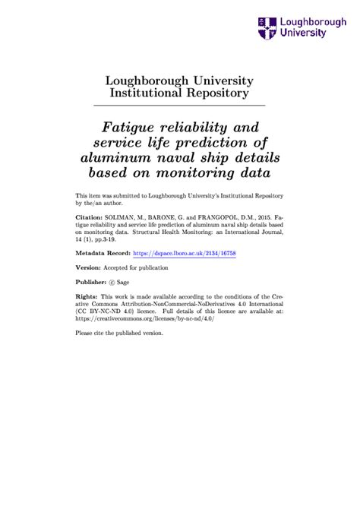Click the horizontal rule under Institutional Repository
(x=178, y=104)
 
